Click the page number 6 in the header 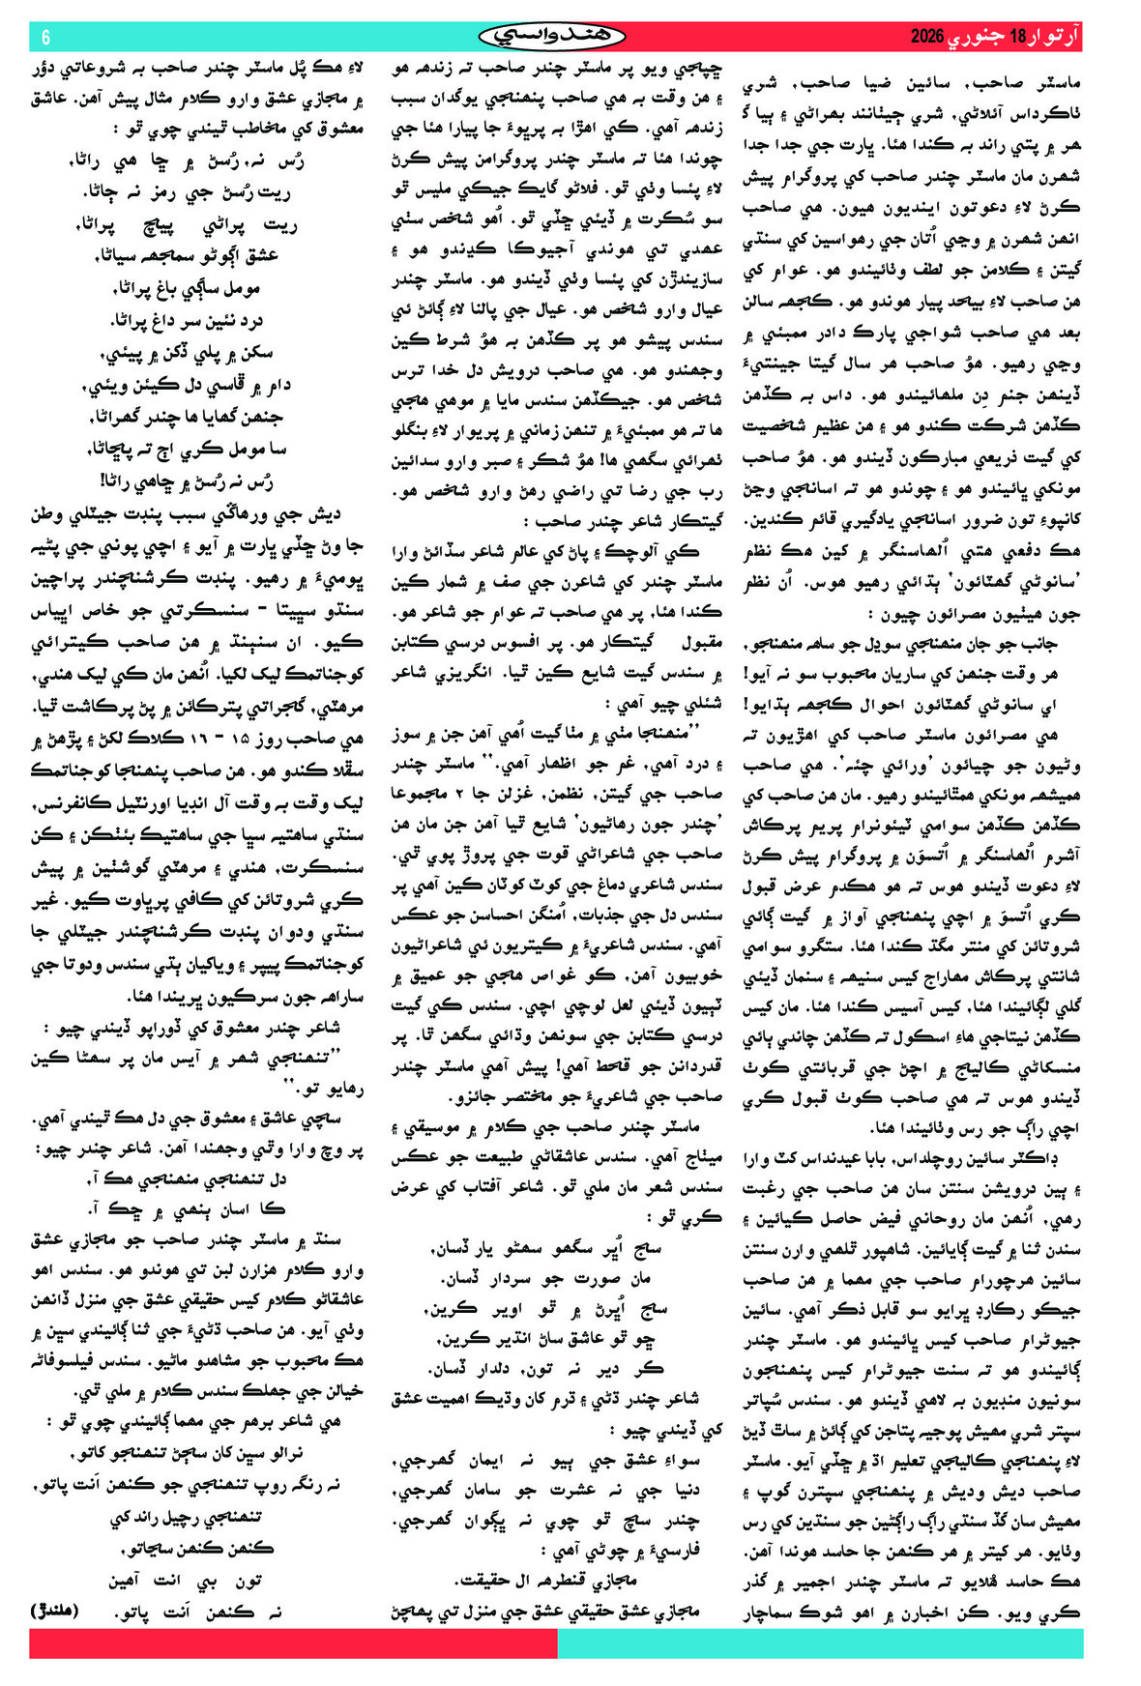(x=45, y=37)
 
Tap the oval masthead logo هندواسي (x=552, y=37)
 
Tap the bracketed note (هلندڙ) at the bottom (x=54, y=1612)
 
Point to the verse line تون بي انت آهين (x=185, y=1581)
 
